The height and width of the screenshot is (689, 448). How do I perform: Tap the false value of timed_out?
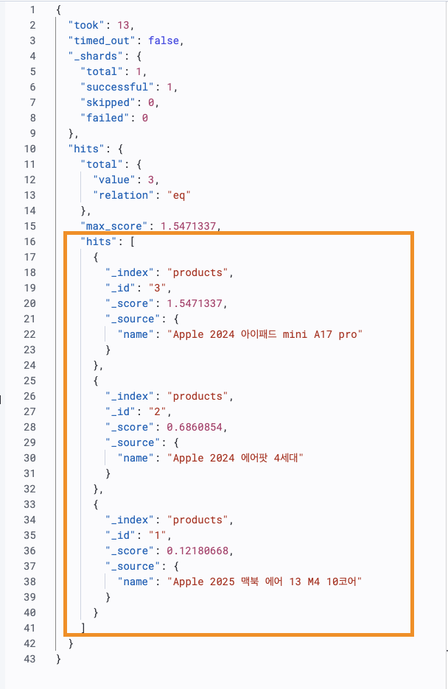[x=164, y=40]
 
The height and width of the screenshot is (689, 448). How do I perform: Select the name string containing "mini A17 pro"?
[x=266, y=334]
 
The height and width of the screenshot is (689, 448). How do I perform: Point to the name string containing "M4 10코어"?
[x=266, y=582]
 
